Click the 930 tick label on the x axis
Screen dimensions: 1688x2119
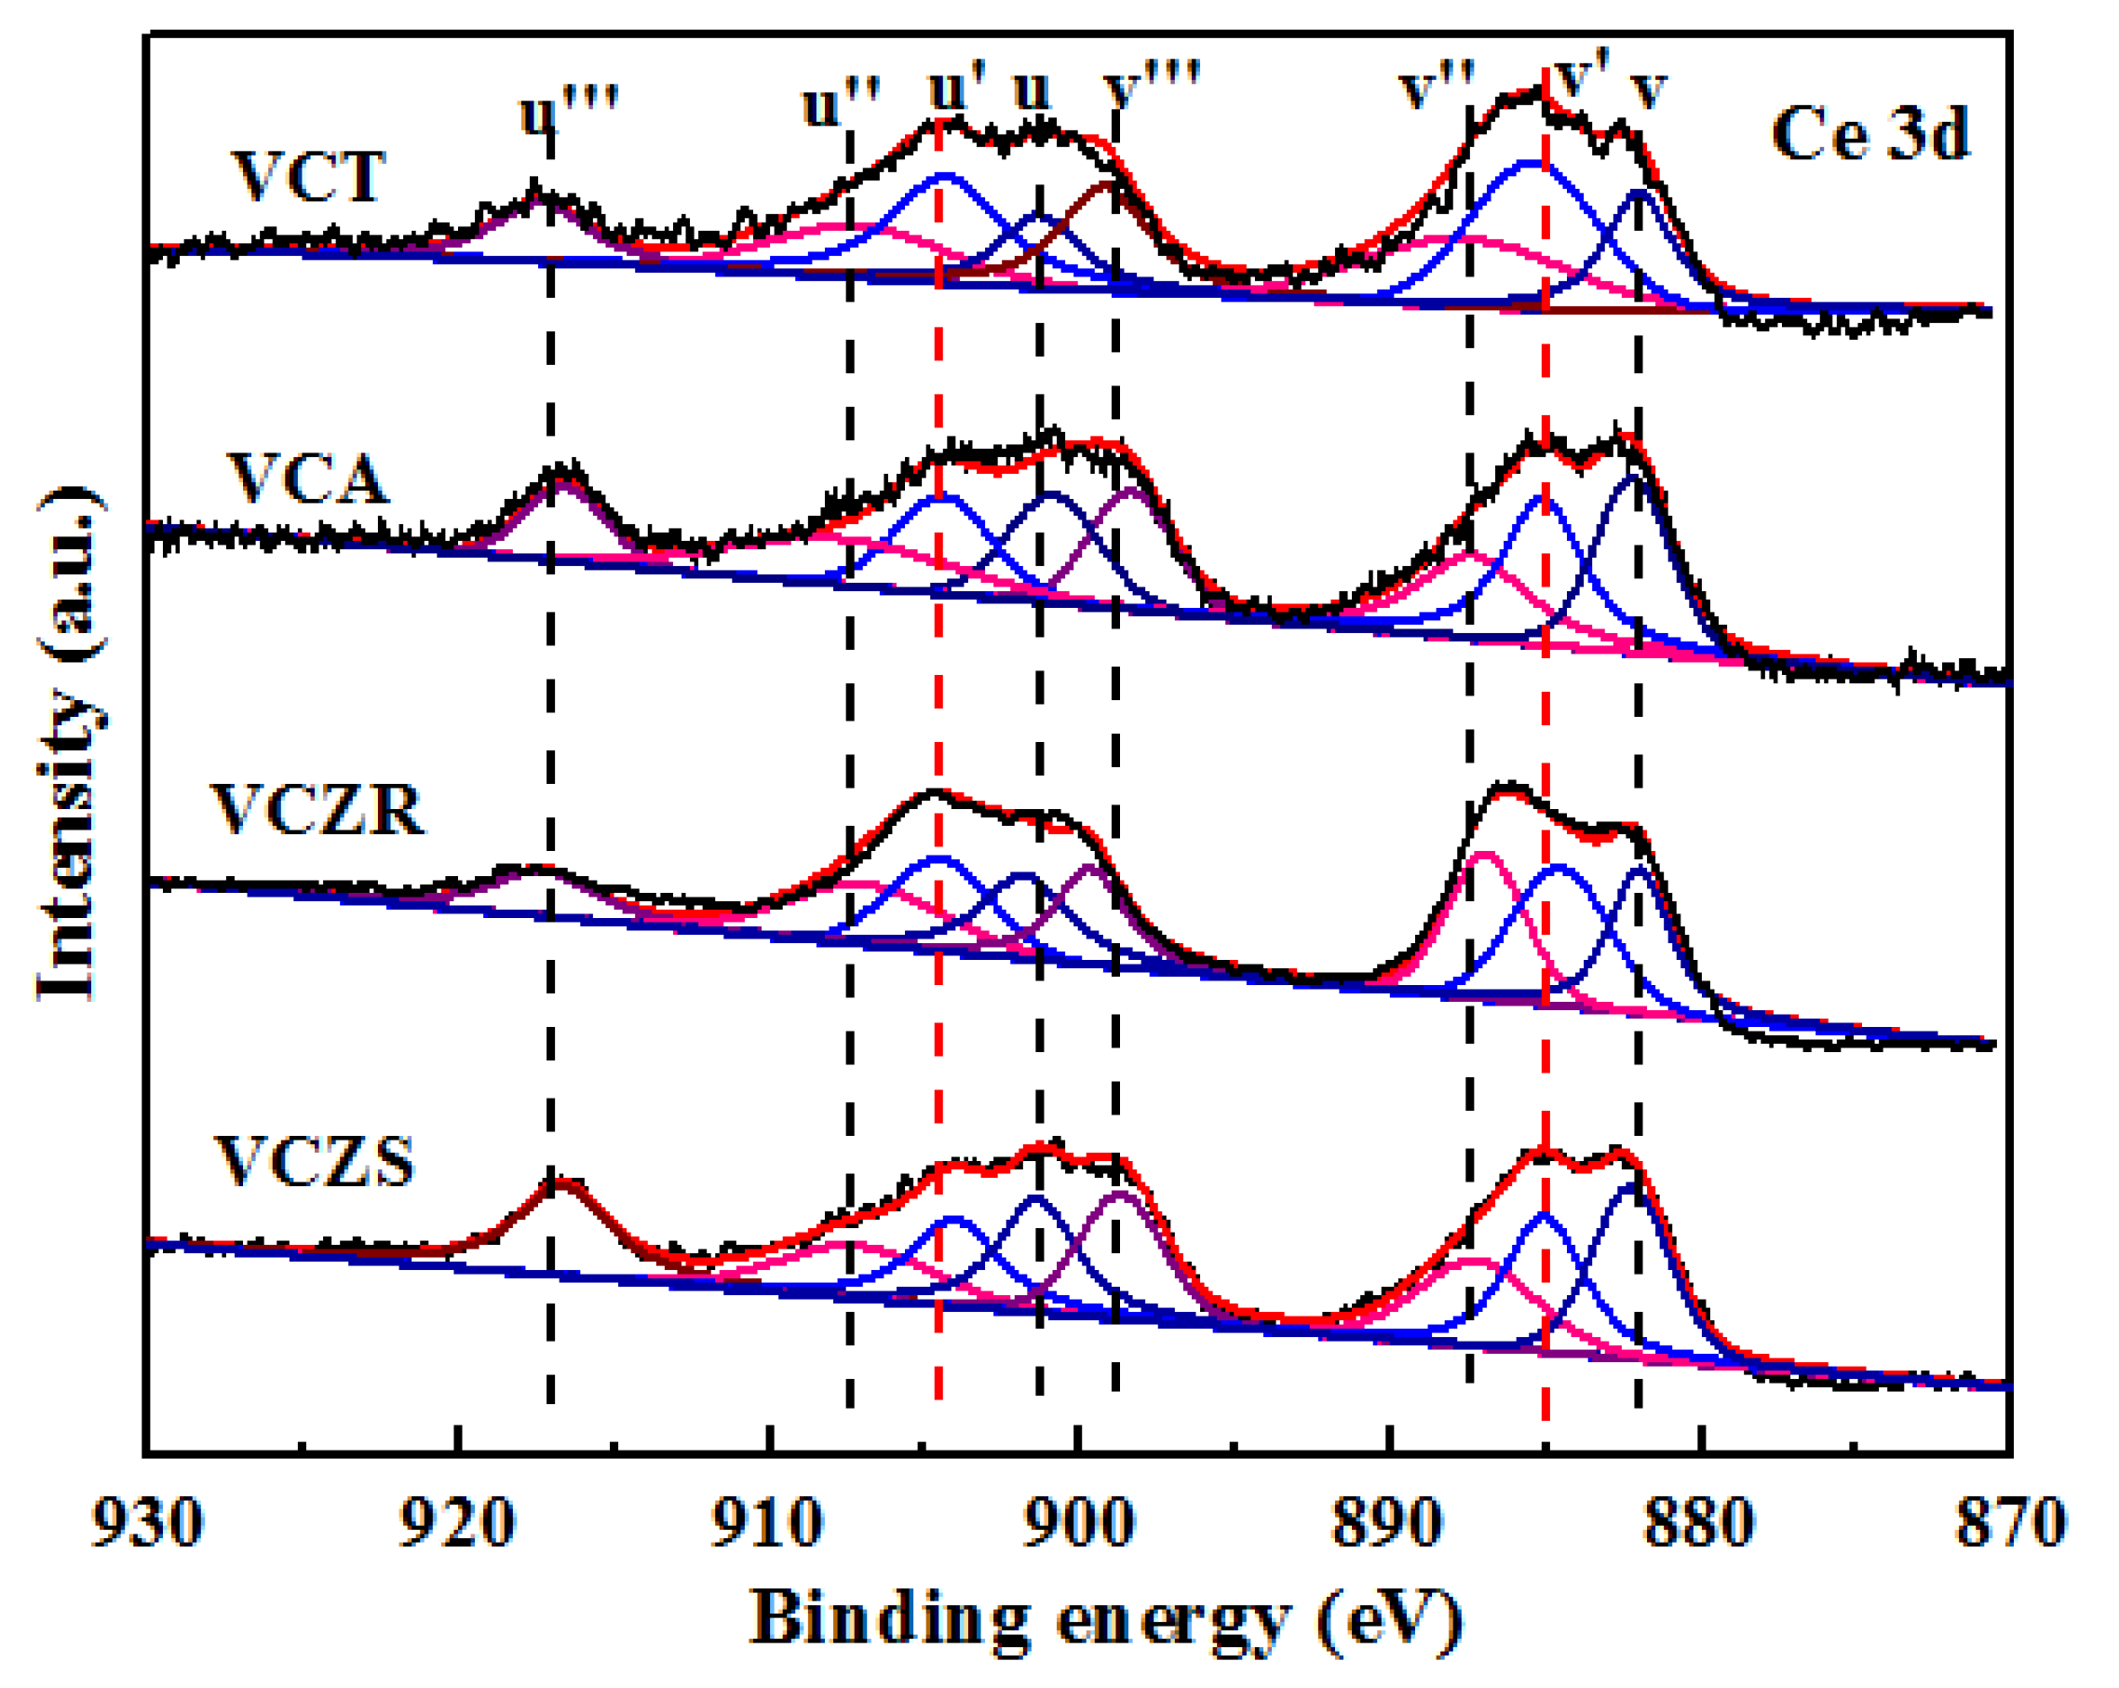coord(147,1523)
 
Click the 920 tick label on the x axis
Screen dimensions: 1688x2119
coord(457,1523)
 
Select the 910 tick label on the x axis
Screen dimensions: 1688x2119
coord(767,1523)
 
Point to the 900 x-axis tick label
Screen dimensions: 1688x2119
coord(1078,1523)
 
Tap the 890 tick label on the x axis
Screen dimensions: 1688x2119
coord(1389,1523)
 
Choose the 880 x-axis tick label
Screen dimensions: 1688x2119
coord(1699,1523)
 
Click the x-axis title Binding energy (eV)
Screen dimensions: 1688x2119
coord(1106,1619)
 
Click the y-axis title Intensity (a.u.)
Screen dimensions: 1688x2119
coord(69,743)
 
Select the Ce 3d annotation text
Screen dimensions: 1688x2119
coord(1869,134)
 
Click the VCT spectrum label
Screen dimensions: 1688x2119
coord(308,177)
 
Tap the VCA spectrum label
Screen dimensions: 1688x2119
coord(307,479)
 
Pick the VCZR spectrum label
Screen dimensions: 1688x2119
coord(317,810)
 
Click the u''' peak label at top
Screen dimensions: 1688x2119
coord(568,111)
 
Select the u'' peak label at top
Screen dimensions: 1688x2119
coord(841,103)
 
